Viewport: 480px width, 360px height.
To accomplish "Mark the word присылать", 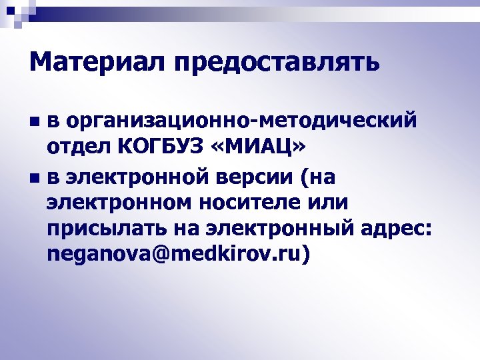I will pyautogui.click(x=95, y=228).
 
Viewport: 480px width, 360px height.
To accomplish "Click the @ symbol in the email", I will pyautogui.click(x=167, y=254).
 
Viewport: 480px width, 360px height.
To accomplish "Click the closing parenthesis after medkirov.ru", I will pyautogui.click(x=305, y=255).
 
